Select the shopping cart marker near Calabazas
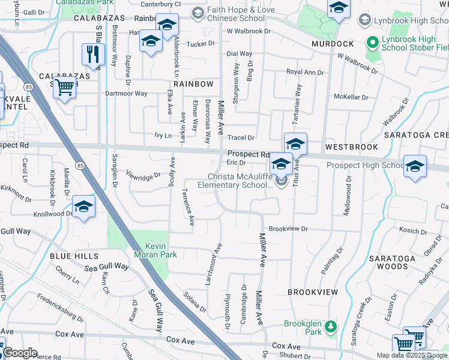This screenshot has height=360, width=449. [x=64, y=88]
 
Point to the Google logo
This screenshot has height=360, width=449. [x=20, y=353]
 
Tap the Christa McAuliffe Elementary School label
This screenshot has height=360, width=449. [x=240, y=181]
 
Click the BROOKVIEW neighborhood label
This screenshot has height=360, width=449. [x=313, y=292]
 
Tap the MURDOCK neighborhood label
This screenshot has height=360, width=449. [x=333, y=44]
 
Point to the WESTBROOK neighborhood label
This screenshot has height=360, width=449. [x=351, y=147]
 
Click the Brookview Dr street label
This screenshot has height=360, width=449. [x=288, y=229]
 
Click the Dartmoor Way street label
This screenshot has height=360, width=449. [x=126, y=94]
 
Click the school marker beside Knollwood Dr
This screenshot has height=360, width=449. [x=84, y=208]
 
